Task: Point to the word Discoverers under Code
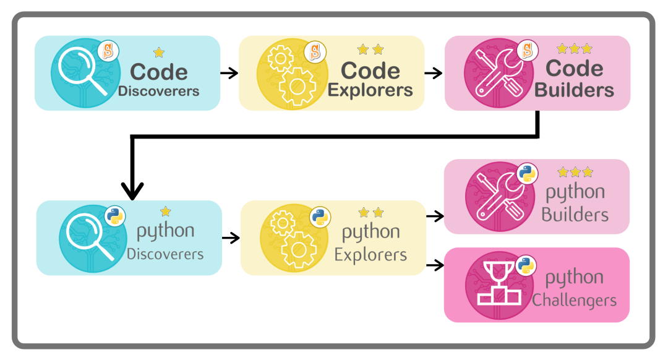tap(158, 92)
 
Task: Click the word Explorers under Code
tap(370, 90)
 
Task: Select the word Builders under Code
tap(574, 90)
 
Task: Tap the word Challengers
tap(575, 301)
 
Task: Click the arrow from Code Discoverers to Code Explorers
tap(229, 73)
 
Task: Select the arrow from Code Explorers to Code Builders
tap(434, 73)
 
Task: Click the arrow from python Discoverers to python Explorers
tap(231, 238)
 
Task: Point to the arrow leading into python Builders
tap(435, 216)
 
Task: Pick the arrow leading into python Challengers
tap(435, 265)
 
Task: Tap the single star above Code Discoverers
tap(159, 53)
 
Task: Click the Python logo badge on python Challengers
tap(526, 264)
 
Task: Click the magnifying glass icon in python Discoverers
tap(87, 238)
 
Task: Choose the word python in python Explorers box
tap(370, 233)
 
